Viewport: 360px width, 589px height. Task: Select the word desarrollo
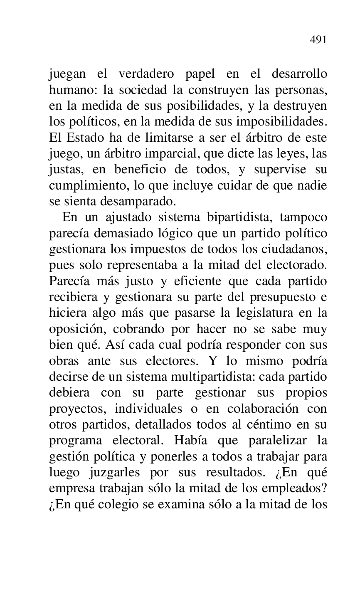tap(299, 74)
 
